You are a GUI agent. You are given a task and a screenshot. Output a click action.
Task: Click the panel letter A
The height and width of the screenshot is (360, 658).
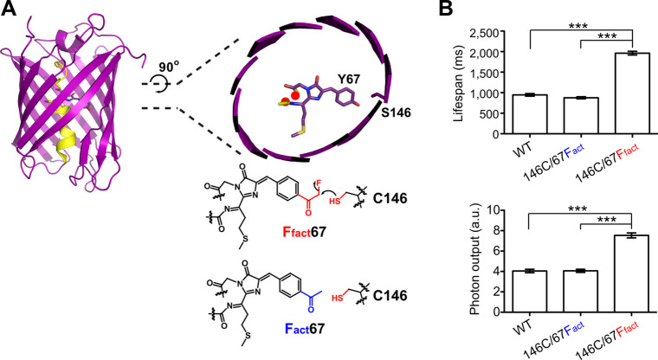tap(10, 10)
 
